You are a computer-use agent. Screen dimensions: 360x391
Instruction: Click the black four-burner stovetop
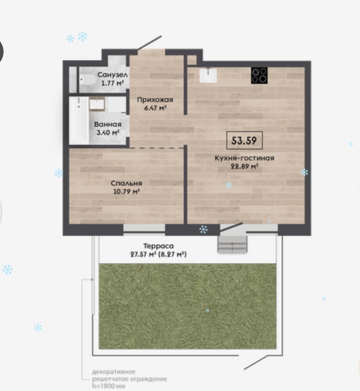point(259,76)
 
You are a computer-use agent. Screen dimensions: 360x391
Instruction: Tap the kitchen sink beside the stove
point(208,75)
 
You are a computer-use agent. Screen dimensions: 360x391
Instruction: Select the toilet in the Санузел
point(88,80)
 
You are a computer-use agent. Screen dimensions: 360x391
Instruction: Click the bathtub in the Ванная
point(79,120)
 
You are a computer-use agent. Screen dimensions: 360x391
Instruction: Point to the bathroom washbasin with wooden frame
point(97,104)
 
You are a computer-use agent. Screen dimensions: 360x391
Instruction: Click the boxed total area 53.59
point(244,140)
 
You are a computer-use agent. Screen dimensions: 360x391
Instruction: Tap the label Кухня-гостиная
point(245,158)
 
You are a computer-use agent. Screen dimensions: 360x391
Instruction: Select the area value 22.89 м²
point(244,167)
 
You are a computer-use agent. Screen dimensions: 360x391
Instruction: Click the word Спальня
point(126,183)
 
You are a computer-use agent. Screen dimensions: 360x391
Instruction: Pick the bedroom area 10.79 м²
point(126,192)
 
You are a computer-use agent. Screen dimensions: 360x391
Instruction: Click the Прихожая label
point(155,100)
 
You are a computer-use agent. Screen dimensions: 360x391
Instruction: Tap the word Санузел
point(113,75)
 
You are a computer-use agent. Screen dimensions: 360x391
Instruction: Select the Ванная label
point(108,125)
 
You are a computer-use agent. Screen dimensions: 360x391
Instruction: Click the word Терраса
point(158,246)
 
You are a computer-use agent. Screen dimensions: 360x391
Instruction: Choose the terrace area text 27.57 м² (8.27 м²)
point(158,254)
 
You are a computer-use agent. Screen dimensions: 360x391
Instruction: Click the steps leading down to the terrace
point(233,244)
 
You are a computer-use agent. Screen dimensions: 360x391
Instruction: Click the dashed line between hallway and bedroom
point(157,148)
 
